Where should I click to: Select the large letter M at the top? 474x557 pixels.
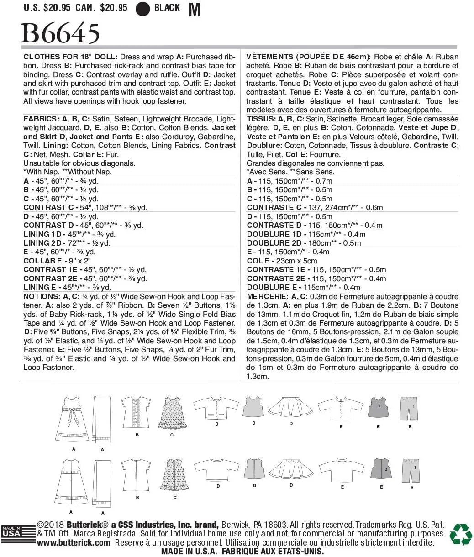coord(195,10)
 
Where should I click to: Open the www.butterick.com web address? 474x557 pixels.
coord(74,543)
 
